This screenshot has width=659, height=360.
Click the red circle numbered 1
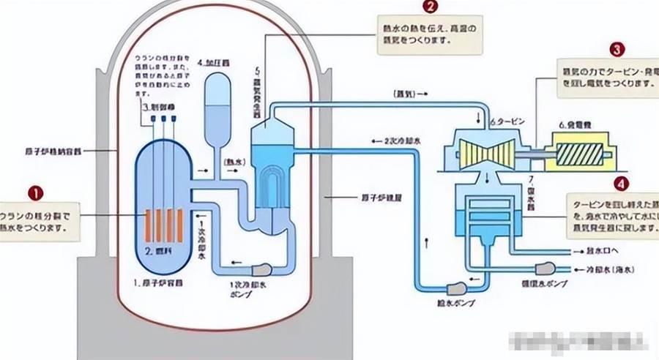pos(35,193)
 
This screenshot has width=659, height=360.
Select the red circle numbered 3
pos(618,50)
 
